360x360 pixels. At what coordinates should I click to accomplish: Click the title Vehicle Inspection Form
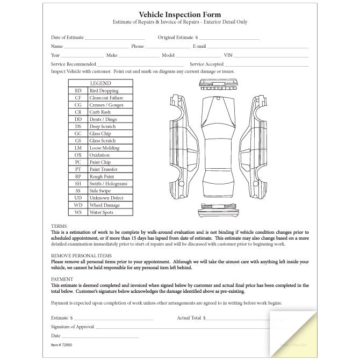pos(179,15)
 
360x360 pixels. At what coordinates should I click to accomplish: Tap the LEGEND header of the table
pos(100,83)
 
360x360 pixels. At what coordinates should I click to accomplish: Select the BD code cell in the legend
pos(78,91)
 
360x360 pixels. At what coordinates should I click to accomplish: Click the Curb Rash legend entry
pos(101,112)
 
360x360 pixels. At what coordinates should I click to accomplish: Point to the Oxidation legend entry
pos(99,155)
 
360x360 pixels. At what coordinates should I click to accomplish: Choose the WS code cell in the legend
pos(78,213)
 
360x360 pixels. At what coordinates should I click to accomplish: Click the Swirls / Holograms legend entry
pos(108,184)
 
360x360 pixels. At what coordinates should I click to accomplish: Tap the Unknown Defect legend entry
pos(106,198)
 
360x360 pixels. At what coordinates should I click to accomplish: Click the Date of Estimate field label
pos(67,38)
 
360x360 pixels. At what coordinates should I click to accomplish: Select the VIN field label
pos(228,55)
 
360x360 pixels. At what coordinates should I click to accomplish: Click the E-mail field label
pos(199,47)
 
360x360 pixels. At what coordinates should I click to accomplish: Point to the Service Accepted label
pos(207,64)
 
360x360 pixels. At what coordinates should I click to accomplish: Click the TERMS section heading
pos(59,226)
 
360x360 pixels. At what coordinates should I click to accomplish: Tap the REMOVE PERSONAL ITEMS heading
pos(81,256)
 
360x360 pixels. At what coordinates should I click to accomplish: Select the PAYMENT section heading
pos(62,279)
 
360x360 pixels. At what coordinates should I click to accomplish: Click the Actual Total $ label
pos(191,318)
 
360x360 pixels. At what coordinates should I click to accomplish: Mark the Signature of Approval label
pos(73,327)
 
